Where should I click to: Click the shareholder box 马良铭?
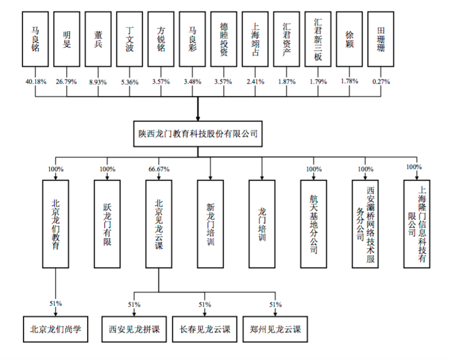tap(36, 40)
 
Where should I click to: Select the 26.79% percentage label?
tap(67, 81)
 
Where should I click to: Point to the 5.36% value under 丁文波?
tap(129, 81)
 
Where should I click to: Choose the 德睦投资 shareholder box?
tap(224, 40)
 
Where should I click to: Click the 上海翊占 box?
tap(255, 40)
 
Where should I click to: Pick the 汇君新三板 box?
tap(318, 40)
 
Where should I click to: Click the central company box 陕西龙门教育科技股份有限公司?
tap(198, 133)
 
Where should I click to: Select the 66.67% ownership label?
tap(158, 169)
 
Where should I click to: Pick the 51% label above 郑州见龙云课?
tap(275, 304)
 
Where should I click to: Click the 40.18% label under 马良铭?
tap(36, 81)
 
